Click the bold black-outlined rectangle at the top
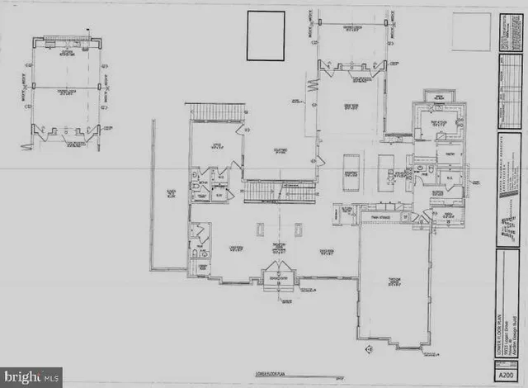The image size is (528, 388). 266,35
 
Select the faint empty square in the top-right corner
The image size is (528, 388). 471,31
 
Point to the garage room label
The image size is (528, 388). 394,282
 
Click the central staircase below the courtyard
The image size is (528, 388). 279,192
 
